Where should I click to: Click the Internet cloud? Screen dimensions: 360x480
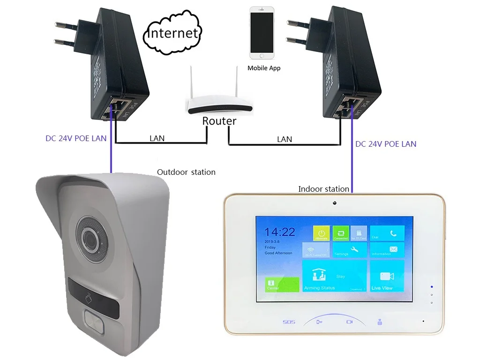pos(173,33)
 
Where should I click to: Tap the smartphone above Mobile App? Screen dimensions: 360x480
pos(262,32)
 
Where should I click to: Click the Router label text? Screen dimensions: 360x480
pos(219,121)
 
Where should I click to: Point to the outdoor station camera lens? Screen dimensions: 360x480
pos(90,238)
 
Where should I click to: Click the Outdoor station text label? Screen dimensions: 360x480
pos(186,172)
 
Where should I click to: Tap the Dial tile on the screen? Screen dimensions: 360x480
pos(387,233)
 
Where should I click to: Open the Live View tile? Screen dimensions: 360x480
pos(387,276)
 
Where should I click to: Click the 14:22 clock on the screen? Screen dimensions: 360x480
pos(280,232)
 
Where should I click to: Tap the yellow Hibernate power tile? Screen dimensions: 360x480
pos(322,233)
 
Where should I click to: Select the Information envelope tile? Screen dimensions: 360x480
pos(387,250)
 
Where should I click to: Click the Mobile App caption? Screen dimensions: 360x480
pos(264,68)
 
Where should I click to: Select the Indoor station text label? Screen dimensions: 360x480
pos(323,189)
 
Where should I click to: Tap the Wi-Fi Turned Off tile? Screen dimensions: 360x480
pos(315,250)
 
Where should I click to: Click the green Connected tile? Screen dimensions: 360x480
pos(341,233)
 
